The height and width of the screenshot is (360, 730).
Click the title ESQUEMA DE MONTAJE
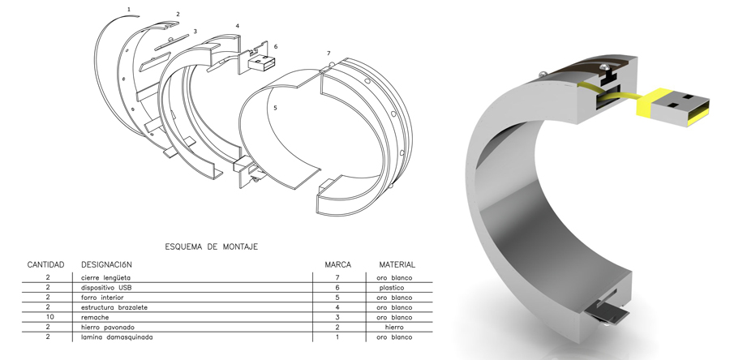[x=212, y=246]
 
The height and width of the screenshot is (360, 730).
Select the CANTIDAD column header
[x=45, y=264]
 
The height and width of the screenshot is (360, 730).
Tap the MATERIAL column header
[x=397, y=264]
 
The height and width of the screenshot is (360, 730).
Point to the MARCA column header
[x=338, y=264]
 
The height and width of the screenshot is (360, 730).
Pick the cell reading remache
[x=95, y=317]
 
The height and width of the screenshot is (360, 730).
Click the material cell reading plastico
[x=392, y=288]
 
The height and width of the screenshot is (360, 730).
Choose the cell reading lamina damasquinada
[x=117, y=337]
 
